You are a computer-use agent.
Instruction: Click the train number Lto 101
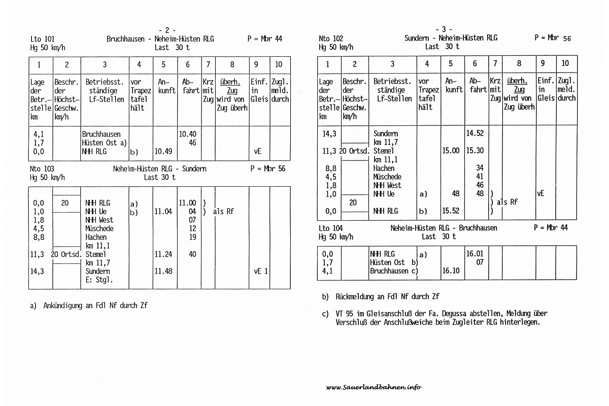[x=43, y=39]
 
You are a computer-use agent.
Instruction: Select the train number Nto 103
[x=43, y=168]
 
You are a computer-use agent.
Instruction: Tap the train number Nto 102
[x=331, y=38]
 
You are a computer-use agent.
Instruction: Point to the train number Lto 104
[x=331, y=228]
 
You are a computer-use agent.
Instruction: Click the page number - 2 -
[x=167, y=30]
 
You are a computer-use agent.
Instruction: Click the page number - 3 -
[x=444, y=29]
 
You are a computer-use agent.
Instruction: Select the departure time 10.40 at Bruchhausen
[x=187, y=134]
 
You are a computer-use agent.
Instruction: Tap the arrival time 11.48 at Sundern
[x=163, y=272]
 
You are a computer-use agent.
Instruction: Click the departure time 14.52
[x=475, y=133]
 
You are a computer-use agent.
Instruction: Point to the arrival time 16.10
[x=451, y=271]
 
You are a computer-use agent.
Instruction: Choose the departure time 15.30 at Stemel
[x=475, y=151]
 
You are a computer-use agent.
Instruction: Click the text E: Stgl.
[x=98, y=280]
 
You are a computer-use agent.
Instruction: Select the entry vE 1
[x=261, y=272]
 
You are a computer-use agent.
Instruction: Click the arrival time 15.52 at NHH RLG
[x=451, y=211]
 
